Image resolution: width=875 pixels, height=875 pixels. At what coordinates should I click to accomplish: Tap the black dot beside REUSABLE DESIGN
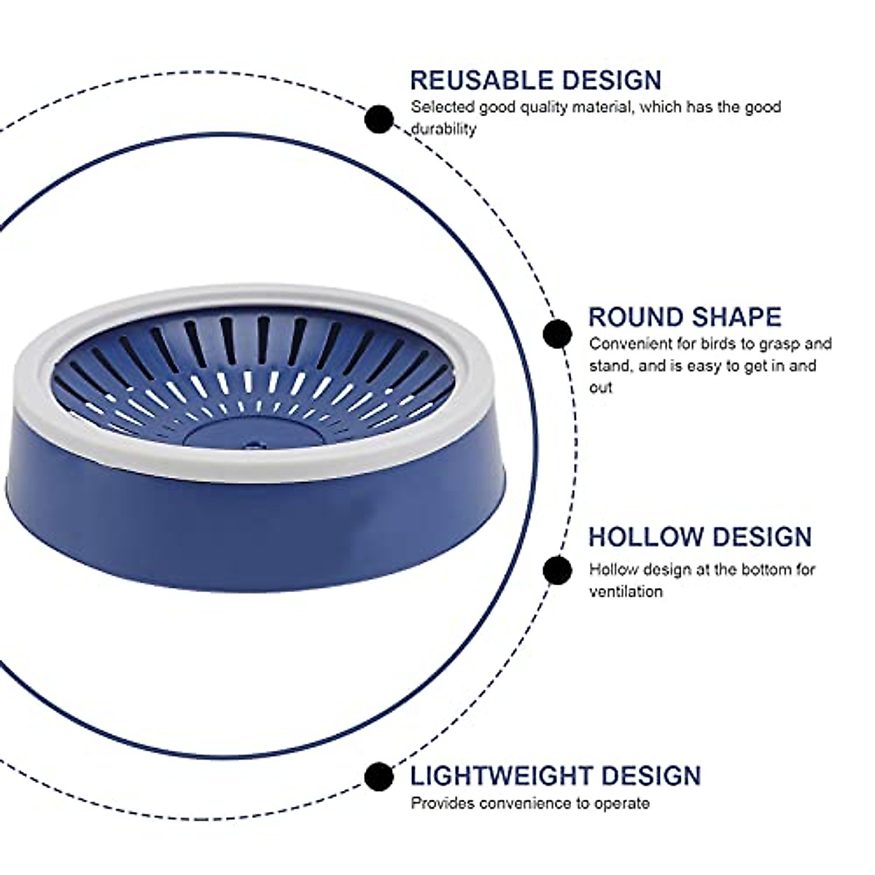pyautogui.click(x=379, y=120)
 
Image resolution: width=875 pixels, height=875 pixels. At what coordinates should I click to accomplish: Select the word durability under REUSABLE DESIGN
pyautogui.click(x=443, y=129)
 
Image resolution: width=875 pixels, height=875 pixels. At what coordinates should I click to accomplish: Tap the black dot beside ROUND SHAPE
pyautogui.click(x=557, y=334)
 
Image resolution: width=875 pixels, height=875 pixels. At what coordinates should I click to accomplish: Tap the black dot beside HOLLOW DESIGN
pyautogui.click(x=557, y=570)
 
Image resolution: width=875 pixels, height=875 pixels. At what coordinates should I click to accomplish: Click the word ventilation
pyautogui.click(x=626, y=591)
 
